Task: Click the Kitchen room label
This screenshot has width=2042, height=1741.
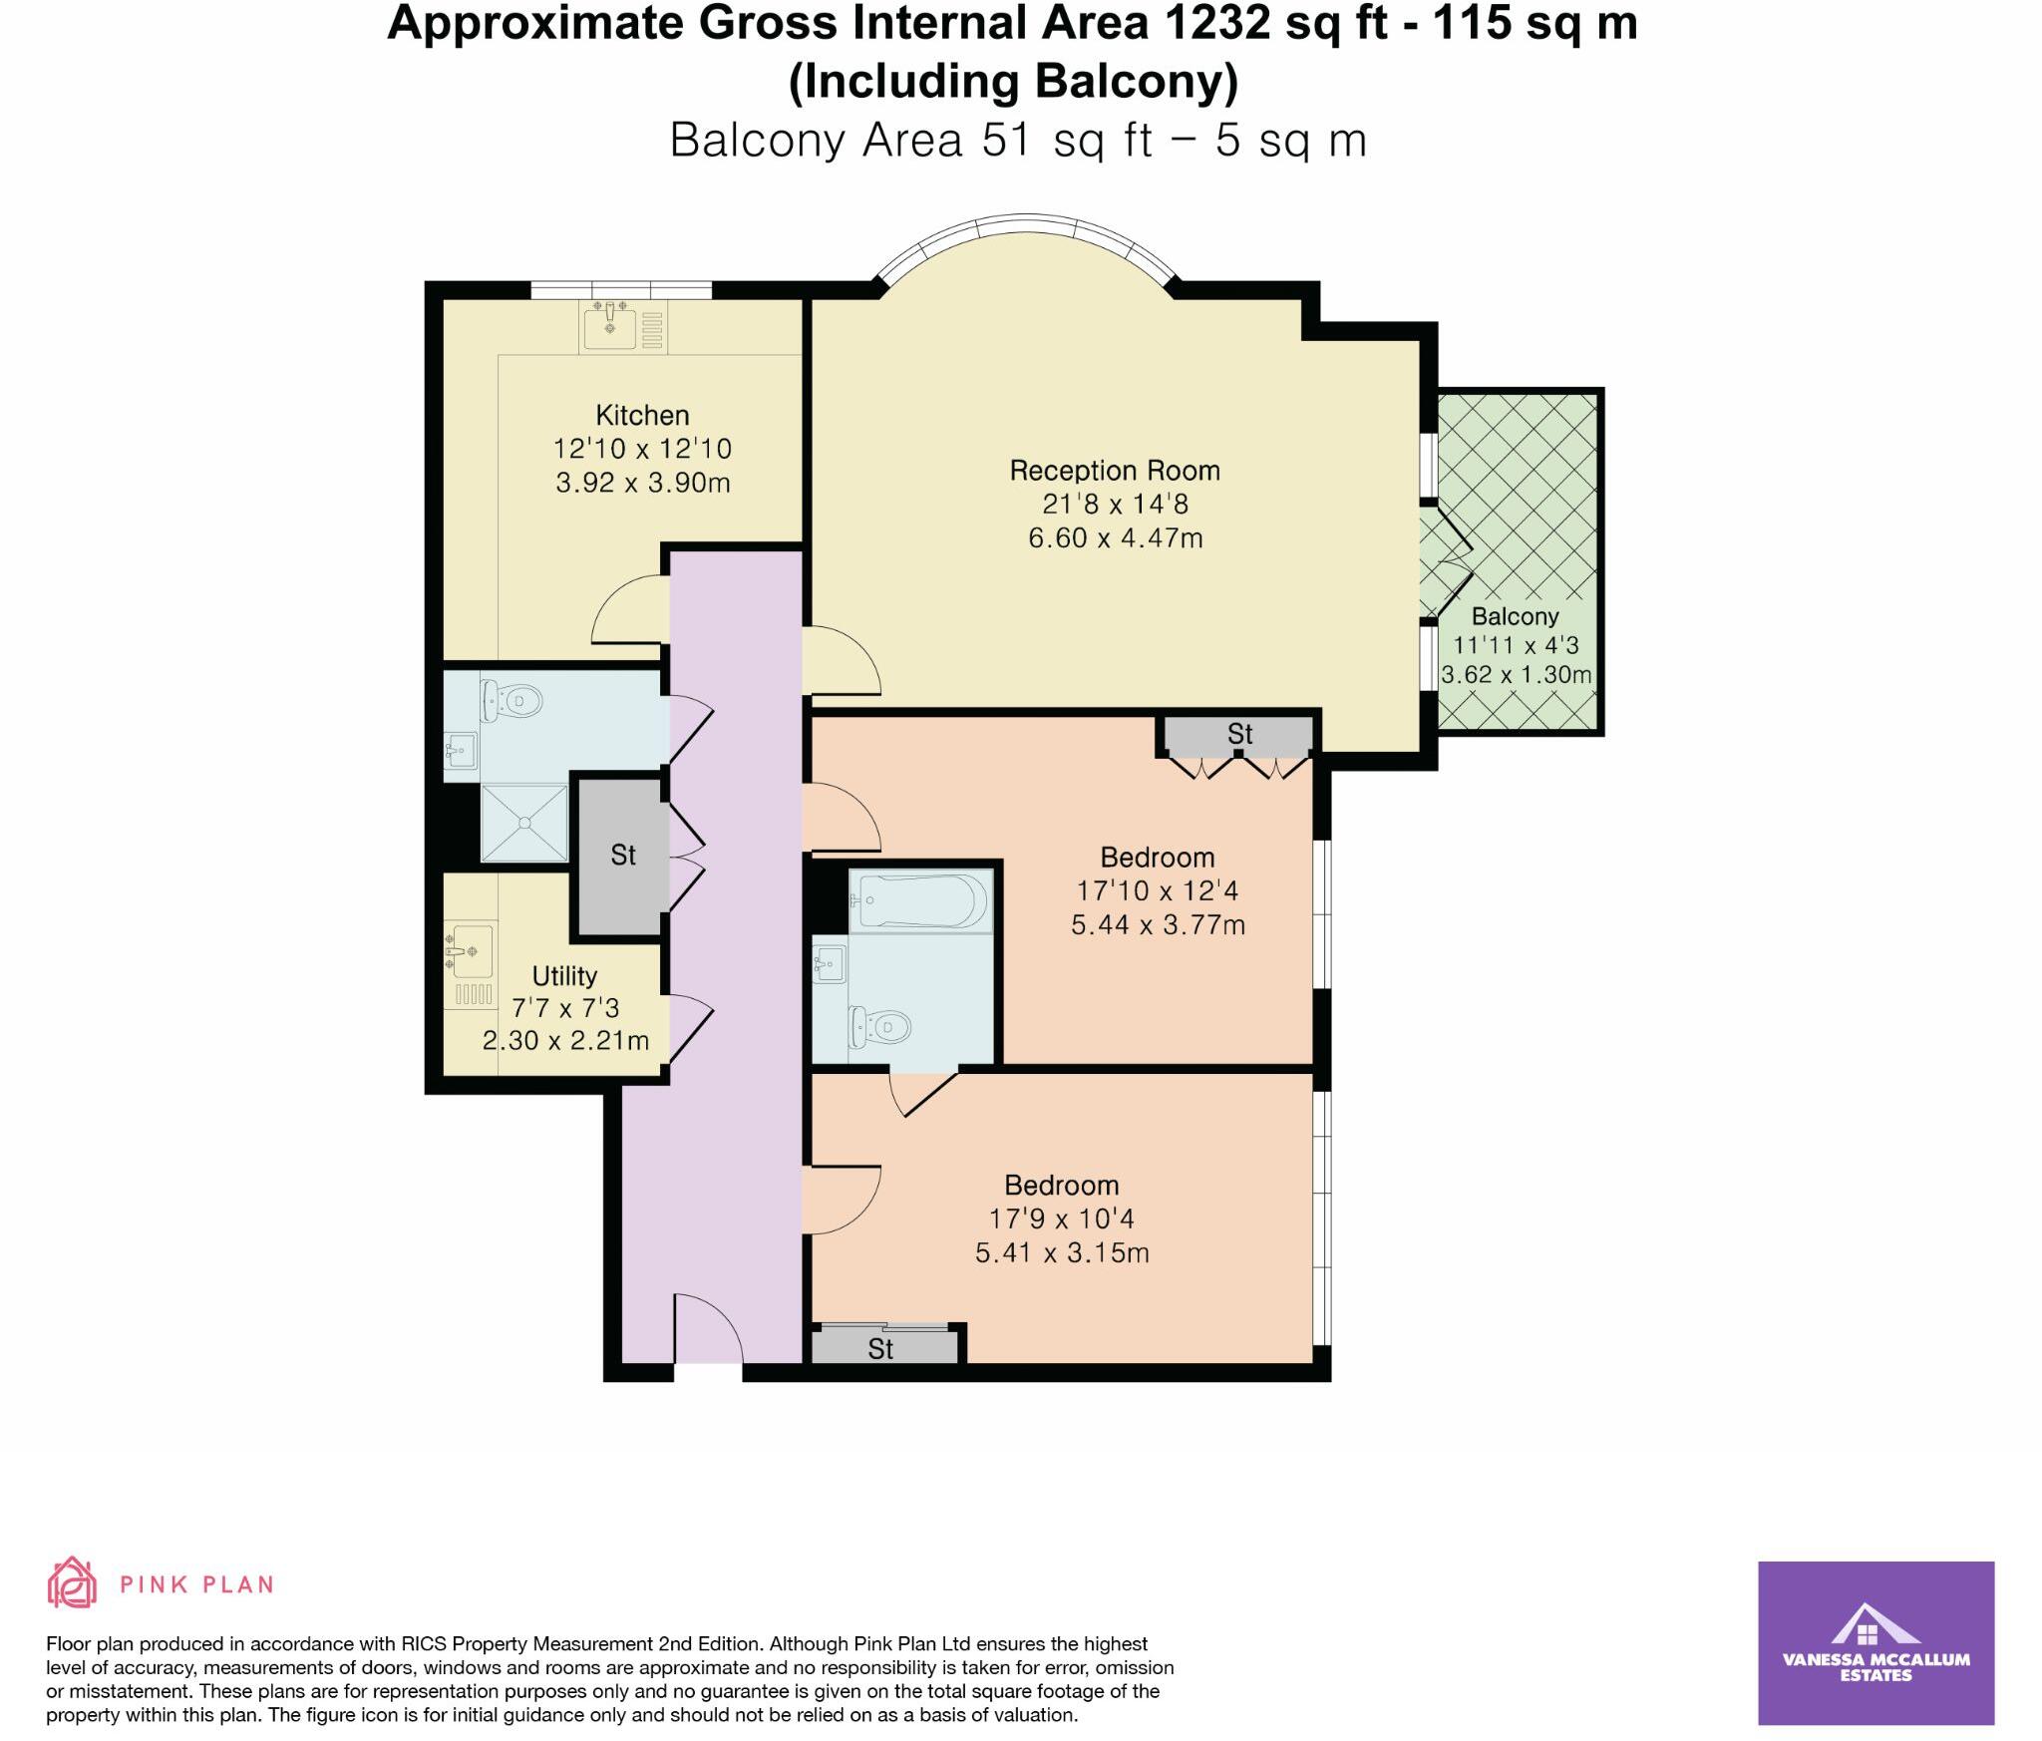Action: coord(642,415)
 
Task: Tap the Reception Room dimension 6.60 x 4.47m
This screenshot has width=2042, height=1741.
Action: coord(1115,538)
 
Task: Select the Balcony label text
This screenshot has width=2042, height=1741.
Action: coord(1514,616)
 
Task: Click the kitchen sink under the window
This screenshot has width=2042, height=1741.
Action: coord(609,326)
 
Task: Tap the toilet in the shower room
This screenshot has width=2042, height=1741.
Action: coord(511,701)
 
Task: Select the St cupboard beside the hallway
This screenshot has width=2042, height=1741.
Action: coord(622,856)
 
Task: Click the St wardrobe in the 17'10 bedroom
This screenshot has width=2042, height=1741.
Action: coord(1238,736)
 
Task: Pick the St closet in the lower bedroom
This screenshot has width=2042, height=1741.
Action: coord(881,1349)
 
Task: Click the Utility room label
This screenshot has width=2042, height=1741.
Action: coord(564,975)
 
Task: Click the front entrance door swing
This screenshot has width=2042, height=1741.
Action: coord(706,1326)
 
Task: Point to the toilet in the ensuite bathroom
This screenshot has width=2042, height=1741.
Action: coord(881,1026)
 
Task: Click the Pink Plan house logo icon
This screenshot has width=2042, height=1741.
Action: coord(72,1582)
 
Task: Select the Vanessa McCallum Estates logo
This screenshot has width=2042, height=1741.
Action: coord(1875,1642)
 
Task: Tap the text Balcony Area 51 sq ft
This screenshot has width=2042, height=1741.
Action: coord(911,141)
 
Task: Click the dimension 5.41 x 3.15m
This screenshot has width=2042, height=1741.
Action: coord(1062,1253)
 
